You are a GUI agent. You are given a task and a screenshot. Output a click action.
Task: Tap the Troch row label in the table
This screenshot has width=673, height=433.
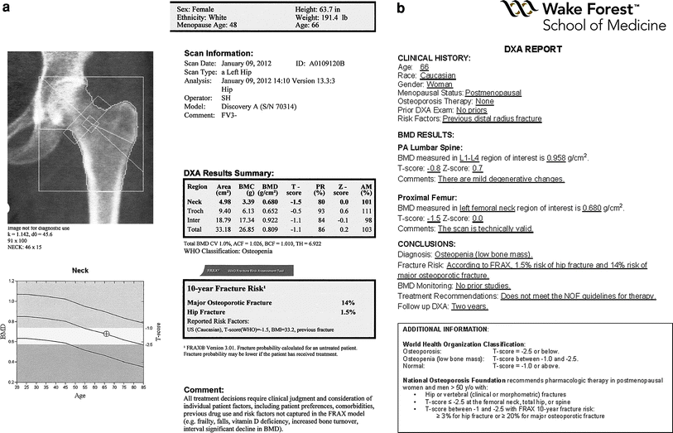195,209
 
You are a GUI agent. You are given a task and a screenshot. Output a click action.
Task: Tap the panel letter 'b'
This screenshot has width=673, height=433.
401,9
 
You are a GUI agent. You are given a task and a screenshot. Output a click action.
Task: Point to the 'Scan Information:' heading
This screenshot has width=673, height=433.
219,52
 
